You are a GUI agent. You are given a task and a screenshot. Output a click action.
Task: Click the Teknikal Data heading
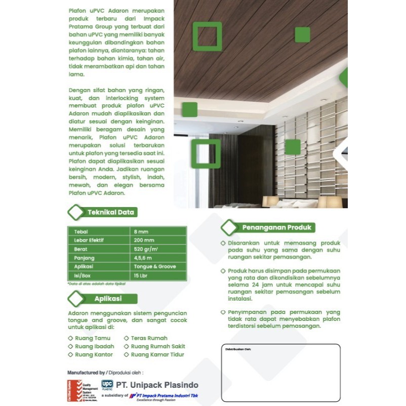[x=110, y=213]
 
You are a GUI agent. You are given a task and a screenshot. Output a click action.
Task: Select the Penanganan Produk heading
[x=278, y=227]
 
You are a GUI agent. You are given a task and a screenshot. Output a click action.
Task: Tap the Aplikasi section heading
[x=108, y=299]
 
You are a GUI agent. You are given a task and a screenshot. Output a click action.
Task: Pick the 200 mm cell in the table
[x=144, y=240]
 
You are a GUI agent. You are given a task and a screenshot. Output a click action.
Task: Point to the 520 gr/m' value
[x=145, y=249]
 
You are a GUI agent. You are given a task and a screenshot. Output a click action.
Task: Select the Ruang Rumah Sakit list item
[x=157, y=346]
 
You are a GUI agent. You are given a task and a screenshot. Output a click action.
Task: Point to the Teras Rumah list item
[x=148, y=338]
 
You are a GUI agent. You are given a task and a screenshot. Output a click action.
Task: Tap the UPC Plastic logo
[x=107, y=384]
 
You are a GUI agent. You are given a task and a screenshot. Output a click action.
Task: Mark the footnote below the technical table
[x=96, y=284]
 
